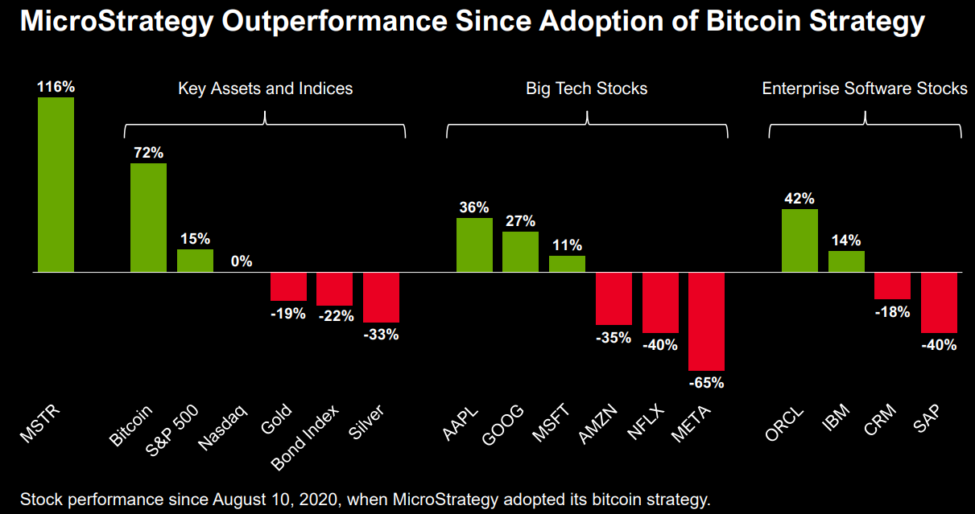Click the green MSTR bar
pos(56,185)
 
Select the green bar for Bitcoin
pos(148,218)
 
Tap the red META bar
pos(706,322)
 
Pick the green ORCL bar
pos(799,241)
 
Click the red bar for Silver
pos(381,298)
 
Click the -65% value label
pos(706,383)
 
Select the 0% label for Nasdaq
pos(242,261)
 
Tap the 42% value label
pos(799,198)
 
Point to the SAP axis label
pos(930,420)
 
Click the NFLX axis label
pos(647,424)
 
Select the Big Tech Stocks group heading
pos(587,88)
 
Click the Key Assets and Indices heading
pos(265,88)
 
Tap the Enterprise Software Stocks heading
pos(865,88)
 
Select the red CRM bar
pos(892,286)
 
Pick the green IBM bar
pos(846,261)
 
